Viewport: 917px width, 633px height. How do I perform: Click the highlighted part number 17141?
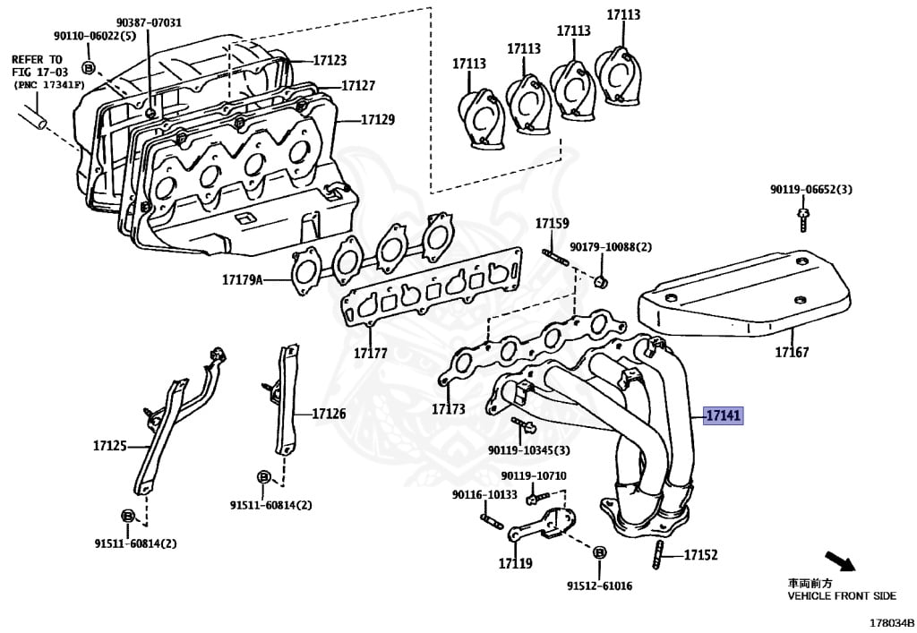(723, 415)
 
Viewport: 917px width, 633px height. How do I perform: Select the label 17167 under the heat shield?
(792, 352)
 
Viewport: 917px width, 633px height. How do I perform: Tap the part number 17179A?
(243, 280)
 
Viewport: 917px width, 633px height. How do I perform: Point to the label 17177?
(370, 353)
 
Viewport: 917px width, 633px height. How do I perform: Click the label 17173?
(448, 409)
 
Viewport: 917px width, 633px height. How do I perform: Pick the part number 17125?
(110, 445)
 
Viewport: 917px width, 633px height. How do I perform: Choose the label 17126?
(329, 415)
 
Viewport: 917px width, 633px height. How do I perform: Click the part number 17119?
(515, 564)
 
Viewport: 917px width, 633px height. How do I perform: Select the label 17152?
(700, 555)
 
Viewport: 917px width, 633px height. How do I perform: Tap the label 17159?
(553, 223)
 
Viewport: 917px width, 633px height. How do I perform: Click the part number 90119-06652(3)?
(811, 190)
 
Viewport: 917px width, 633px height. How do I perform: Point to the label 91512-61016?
(598, 586)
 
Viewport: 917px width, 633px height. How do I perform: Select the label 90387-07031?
(149, 22)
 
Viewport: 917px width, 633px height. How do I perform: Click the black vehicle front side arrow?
(839, 563)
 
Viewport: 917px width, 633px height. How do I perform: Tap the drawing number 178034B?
(889, 621)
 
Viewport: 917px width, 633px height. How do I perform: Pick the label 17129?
(377, 119)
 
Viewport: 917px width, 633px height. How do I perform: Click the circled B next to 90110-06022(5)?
(89, 67)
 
